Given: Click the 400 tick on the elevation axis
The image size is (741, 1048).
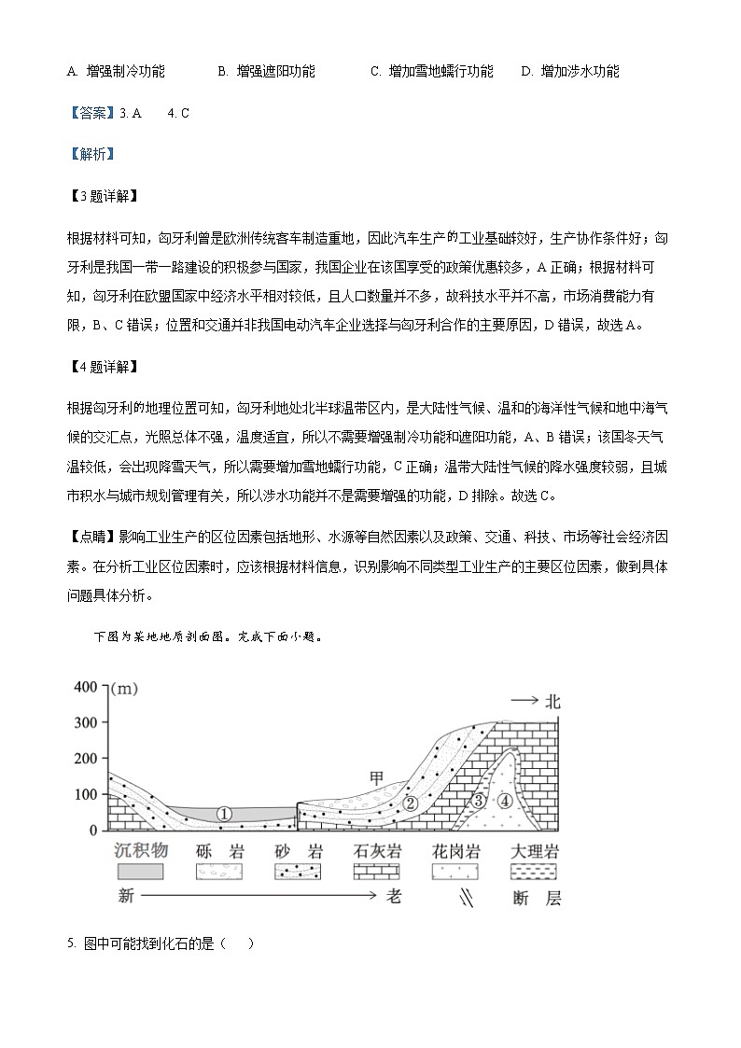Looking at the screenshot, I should (86, 688).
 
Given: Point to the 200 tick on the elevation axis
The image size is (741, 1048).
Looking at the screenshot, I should (86, 759).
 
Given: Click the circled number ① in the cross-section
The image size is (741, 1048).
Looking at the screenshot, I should (224, 814).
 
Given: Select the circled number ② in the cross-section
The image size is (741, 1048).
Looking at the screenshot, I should (409, 803).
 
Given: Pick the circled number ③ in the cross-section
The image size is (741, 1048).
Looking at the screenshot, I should (478, 801).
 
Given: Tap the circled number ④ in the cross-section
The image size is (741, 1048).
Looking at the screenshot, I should (505, 800).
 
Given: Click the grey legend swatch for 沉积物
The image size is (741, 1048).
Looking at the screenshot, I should (140, 872).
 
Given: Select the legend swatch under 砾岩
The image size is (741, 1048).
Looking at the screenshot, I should (219, 872).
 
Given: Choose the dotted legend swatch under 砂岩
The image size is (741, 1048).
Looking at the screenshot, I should (298, 872).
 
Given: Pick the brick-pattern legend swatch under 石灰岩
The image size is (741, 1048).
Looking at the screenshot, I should (377, 872).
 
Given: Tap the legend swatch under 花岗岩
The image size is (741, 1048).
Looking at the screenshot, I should (456, 872).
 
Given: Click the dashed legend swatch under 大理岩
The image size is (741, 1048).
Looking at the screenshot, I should (536, 872).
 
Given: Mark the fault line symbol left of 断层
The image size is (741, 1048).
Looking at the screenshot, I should (464, 899).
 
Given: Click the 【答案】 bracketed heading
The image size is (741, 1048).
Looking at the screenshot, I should (90, 113).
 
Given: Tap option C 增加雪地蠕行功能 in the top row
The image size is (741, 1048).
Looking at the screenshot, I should (432, 71).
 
